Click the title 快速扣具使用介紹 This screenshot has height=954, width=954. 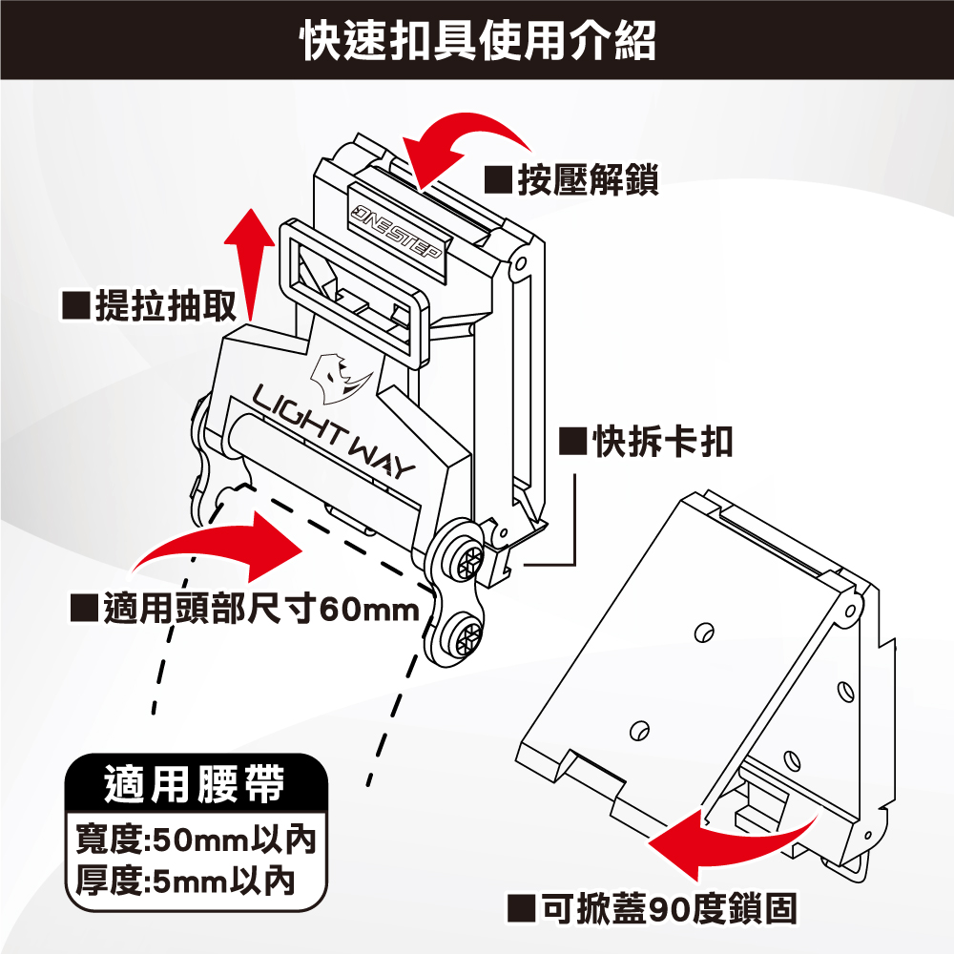(x=477, y=40)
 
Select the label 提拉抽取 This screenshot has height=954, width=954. (x=163, y=306)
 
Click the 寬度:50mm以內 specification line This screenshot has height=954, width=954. (x=195, y=840)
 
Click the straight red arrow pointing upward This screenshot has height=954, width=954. (x=250, y=262)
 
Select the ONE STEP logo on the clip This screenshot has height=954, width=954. (x=396, y=235)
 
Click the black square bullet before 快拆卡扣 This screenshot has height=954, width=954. (x=570, y=441)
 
